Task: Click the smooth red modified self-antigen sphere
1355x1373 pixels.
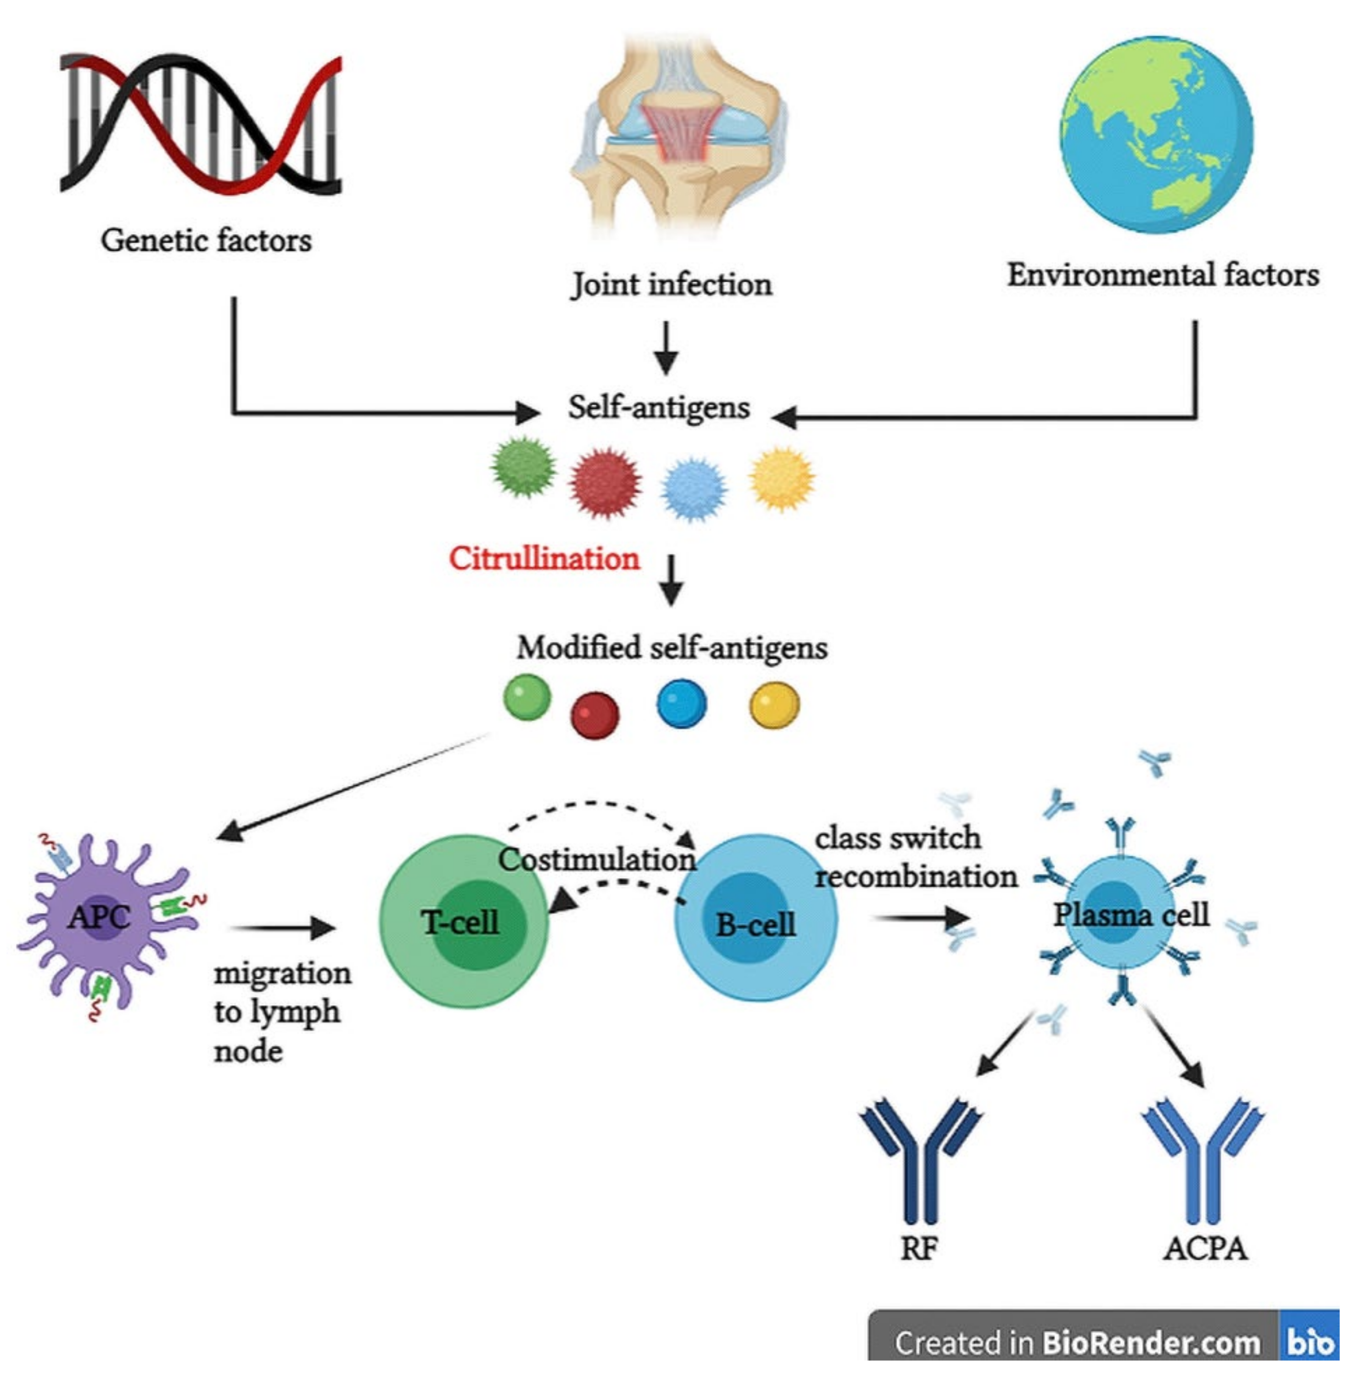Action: coord(594,715)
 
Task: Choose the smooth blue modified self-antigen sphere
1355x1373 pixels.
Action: coord(681,704)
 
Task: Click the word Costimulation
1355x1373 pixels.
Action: coord(596,860)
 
